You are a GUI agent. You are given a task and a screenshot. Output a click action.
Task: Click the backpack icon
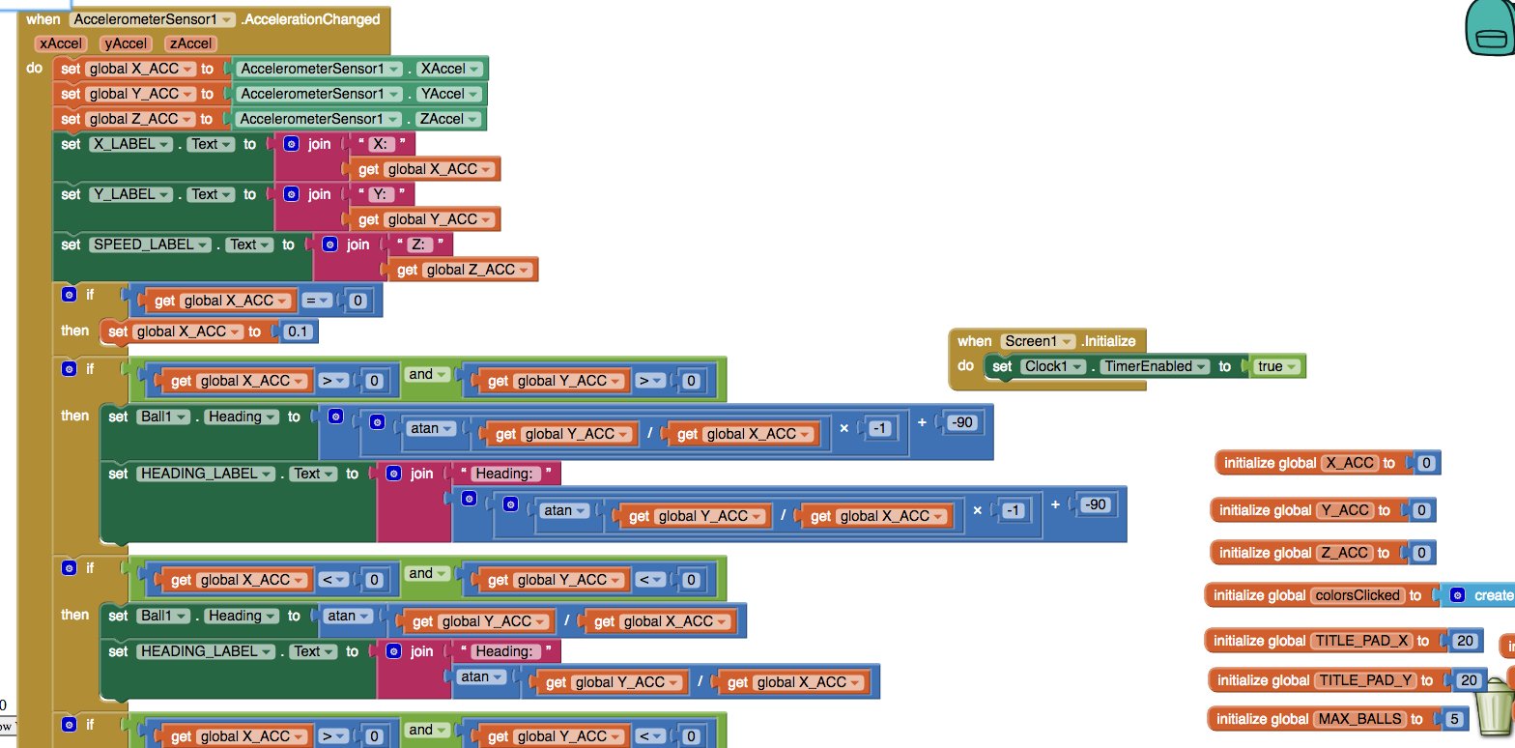pos(1489,27)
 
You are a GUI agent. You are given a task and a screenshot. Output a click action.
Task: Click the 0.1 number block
pos(300,331)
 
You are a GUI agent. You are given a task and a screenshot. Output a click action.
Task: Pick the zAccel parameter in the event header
pos(190,43)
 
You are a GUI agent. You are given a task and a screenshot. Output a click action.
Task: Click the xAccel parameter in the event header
pos(60,43)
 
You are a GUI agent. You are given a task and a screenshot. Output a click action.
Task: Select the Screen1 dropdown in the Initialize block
pos(1039,340)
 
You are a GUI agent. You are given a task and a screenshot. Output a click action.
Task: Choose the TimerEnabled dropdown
pos(1156,366)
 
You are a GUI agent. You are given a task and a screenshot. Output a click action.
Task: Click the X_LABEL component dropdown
pos(129,144)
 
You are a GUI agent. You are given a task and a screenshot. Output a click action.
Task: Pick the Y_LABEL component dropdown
pos(129,194)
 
